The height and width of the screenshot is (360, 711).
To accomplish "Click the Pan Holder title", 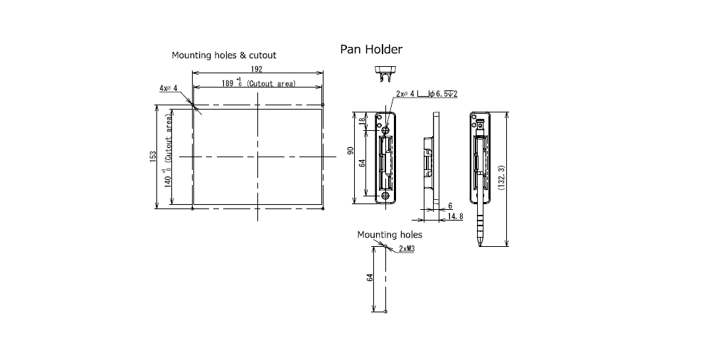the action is point(371,49).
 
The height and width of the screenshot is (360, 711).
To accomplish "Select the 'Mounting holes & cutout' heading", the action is point(223,55).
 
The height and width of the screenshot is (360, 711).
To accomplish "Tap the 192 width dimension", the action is point(256,69).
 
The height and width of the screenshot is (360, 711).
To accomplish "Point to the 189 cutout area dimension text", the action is point(259,83).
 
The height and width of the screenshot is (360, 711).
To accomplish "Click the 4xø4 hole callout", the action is point(168,88).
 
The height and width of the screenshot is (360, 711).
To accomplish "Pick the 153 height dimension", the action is point(154,157).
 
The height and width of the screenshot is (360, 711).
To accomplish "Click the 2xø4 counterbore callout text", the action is point(427,94).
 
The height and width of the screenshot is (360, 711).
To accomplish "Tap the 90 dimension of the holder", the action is point(350,150).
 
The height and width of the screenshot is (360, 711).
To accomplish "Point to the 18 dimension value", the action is point(361,121).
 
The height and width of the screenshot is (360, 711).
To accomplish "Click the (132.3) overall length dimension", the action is point(501,177).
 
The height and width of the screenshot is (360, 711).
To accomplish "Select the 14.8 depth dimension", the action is point(455,216).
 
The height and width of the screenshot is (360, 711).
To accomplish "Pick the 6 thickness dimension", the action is point(450,206).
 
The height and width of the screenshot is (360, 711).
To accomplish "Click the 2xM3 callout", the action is point(407,249).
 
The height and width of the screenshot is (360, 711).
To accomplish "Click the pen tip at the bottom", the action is point(480,245).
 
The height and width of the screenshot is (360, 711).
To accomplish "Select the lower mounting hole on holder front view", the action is point(386,196).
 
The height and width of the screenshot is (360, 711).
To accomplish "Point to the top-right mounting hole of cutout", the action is point(323,105).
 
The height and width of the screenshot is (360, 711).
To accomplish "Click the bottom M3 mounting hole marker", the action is point(385,312).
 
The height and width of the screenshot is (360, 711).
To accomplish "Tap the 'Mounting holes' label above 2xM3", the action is point(390,235).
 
